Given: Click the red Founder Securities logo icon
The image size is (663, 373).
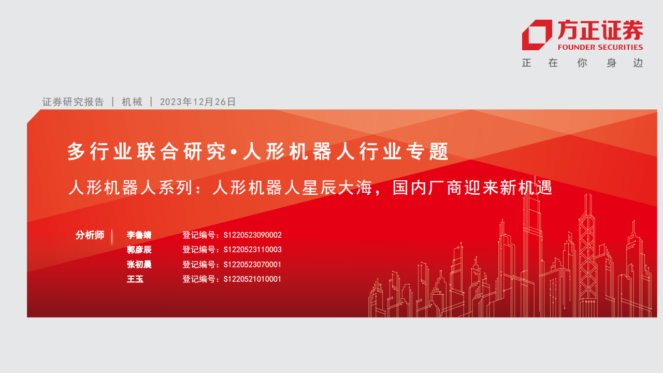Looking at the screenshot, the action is pos(537,35).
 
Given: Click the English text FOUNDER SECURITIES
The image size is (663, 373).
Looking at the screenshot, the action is pos(600,47).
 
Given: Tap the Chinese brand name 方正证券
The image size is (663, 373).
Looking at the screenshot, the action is pos(600,30).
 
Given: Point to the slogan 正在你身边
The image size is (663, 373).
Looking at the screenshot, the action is pos(583,63).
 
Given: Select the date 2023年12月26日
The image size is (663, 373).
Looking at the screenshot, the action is pos(198,102).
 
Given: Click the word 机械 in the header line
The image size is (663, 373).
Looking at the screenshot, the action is pos(132,102).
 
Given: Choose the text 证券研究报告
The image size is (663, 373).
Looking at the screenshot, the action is pos(73,102).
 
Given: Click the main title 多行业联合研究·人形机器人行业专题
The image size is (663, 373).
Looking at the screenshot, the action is pos(258,151).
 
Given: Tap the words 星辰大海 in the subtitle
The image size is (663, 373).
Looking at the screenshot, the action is pos(337,188).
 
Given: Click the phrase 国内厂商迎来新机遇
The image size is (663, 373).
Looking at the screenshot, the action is pos(472,188).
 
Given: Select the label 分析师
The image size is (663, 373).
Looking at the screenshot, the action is pos(90,235).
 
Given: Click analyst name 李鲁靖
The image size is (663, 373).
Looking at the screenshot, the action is pos(139,235).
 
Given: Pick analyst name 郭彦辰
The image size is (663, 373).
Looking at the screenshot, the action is pos(139,250).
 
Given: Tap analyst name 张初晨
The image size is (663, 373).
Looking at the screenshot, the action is pos(139,264).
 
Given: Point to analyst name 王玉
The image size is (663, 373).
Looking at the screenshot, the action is pos(135,279).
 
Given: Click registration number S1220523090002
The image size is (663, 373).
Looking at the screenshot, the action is pos(252,235).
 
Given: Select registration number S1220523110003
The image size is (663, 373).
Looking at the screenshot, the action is pos(252,250).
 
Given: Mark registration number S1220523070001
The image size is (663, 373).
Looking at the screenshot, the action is pos(252,264).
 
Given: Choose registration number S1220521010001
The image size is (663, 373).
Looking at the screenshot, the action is pos(252,279).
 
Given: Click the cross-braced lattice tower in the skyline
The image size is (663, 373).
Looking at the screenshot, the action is pos(587,254).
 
